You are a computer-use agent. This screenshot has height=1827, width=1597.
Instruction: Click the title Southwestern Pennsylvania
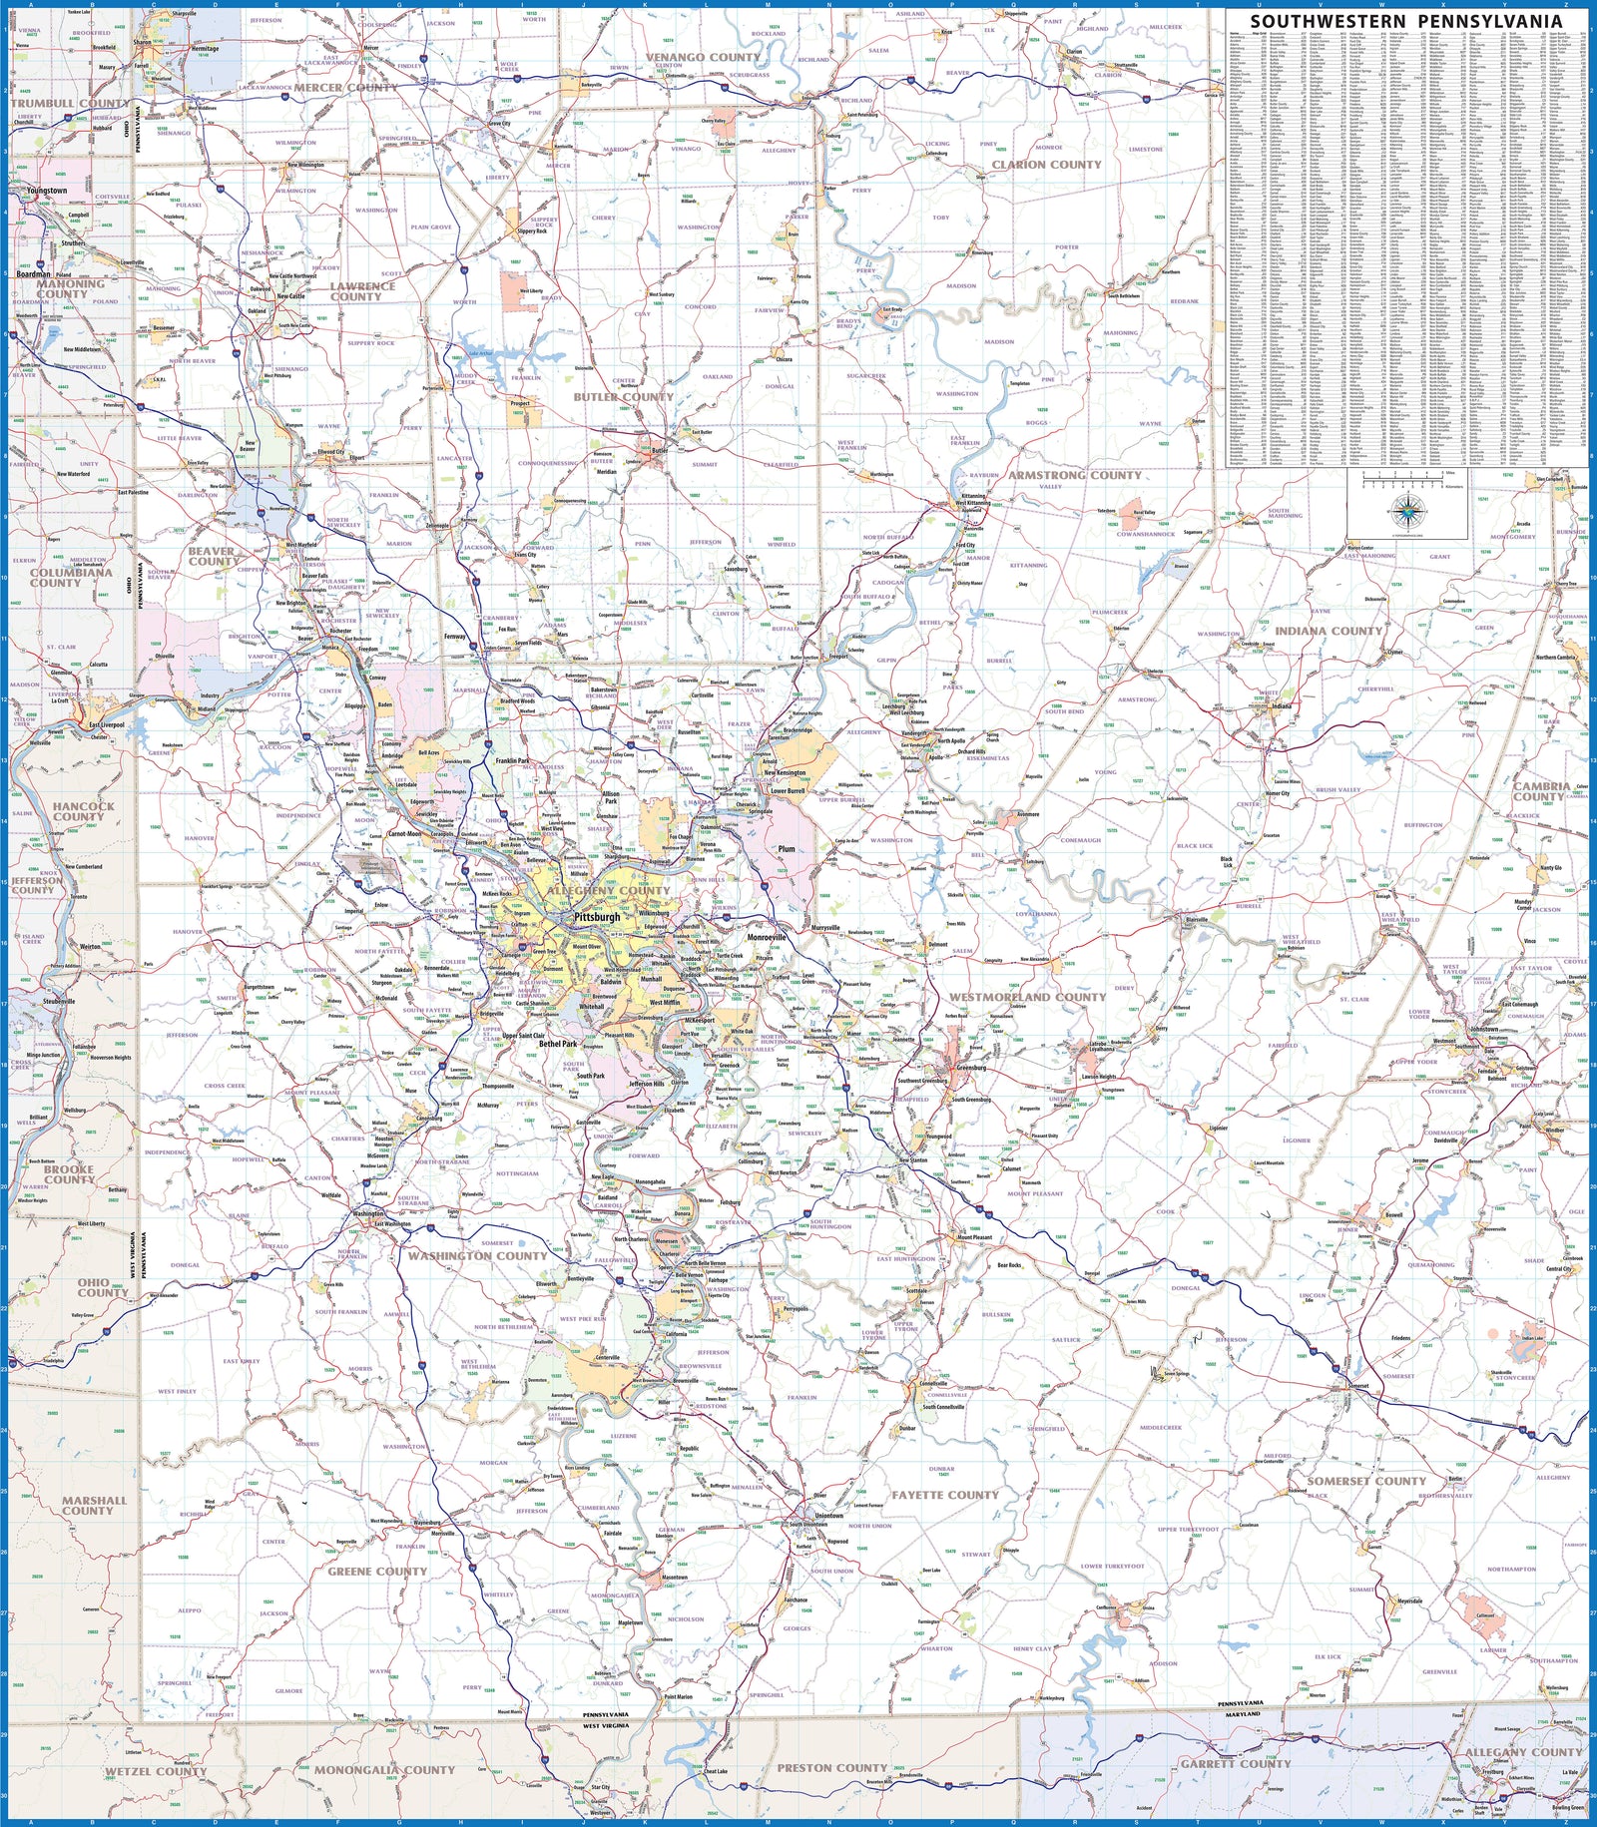(1405, 21)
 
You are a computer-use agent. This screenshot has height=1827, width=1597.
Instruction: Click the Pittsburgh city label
(597, 916)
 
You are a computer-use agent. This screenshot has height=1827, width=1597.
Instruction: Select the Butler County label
(623, 397)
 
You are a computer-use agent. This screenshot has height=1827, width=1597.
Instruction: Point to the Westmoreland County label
(1027, 997)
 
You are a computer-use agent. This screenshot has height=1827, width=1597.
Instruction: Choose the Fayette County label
(944, 1495)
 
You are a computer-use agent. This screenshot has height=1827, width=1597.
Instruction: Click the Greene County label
(377, 1571)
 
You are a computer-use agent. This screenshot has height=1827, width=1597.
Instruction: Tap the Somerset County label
(1366, 1481)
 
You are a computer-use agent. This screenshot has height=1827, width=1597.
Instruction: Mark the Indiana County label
(1328, 631)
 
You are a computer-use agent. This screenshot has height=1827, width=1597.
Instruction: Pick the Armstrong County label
(1074, 475)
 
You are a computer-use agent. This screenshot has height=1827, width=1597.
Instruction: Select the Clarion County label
(1046, 165)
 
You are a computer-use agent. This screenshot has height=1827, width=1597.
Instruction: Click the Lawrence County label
(362, 291)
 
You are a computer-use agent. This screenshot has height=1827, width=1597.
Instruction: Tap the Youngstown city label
(47, 191)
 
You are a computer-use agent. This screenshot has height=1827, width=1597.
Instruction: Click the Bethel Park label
(558, 1044)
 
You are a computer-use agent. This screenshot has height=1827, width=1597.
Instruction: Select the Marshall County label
(94, 1505)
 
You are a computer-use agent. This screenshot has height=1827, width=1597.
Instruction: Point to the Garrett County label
(1236, 1763)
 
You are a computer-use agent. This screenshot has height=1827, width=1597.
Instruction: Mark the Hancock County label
(84, 811)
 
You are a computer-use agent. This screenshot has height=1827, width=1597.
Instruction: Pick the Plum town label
(787, 849)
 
